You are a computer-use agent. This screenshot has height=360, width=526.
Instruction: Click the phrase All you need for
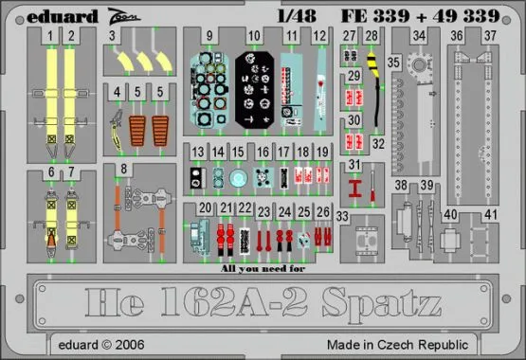tap(261, 268)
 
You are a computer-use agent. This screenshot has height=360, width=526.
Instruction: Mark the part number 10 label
tap(254, 37)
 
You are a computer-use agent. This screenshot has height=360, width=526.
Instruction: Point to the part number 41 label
tap(491, 214)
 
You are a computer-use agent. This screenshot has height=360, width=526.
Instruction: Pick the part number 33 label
tap(342, 215)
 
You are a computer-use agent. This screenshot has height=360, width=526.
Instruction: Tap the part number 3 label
tap(112, 37)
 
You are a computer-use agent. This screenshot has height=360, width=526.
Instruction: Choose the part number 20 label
tap(205, 207)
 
